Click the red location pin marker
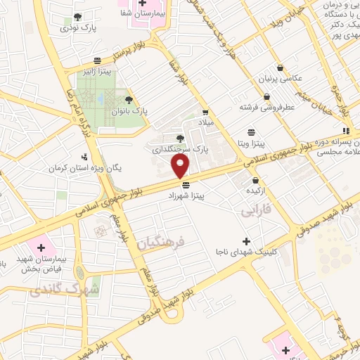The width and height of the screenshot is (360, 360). pyautogui.click(x=181, y=166)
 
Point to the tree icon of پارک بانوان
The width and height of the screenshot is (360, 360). pyautogui.click(x=128, y=100)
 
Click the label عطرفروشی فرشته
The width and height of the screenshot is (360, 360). pyautogui.click(x=265, y=107)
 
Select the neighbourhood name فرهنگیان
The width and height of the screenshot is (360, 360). pyautogui.click(x=160, y=243)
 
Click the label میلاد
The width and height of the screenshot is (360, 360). pyautogui.click(x=205, y=122)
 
